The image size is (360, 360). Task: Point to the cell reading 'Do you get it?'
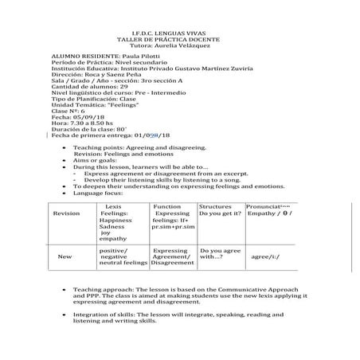(220, 213)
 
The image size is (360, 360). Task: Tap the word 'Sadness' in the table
(112, 226)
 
